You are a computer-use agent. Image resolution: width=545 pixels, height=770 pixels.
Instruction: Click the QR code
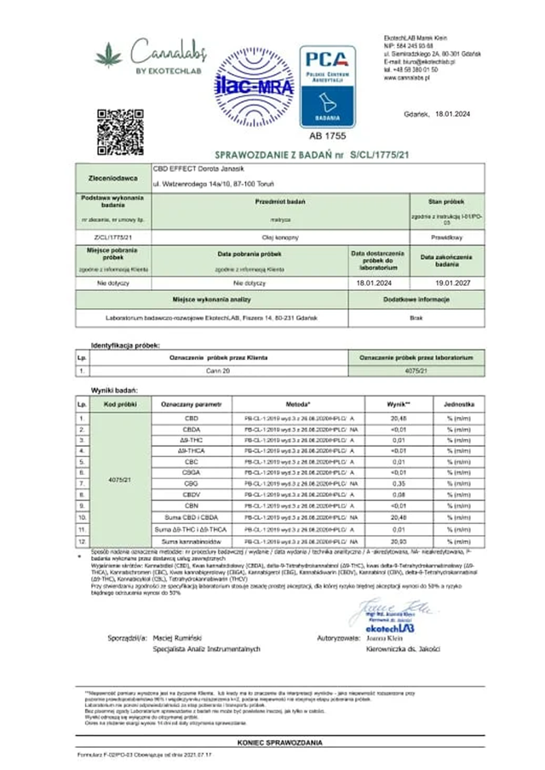click(x=120, y=132)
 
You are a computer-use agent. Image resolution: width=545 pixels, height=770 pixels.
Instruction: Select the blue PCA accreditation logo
click(x=328, y=83)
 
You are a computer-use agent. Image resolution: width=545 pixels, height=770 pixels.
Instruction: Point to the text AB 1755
click(x=328, y=135)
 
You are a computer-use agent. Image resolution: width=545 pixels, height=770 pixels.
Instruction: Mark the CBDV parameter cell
click(x=191, y=493)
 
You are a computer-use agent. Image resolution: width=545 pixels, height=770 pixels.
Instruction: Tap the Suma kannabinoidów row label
click(x=191, y=541)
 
